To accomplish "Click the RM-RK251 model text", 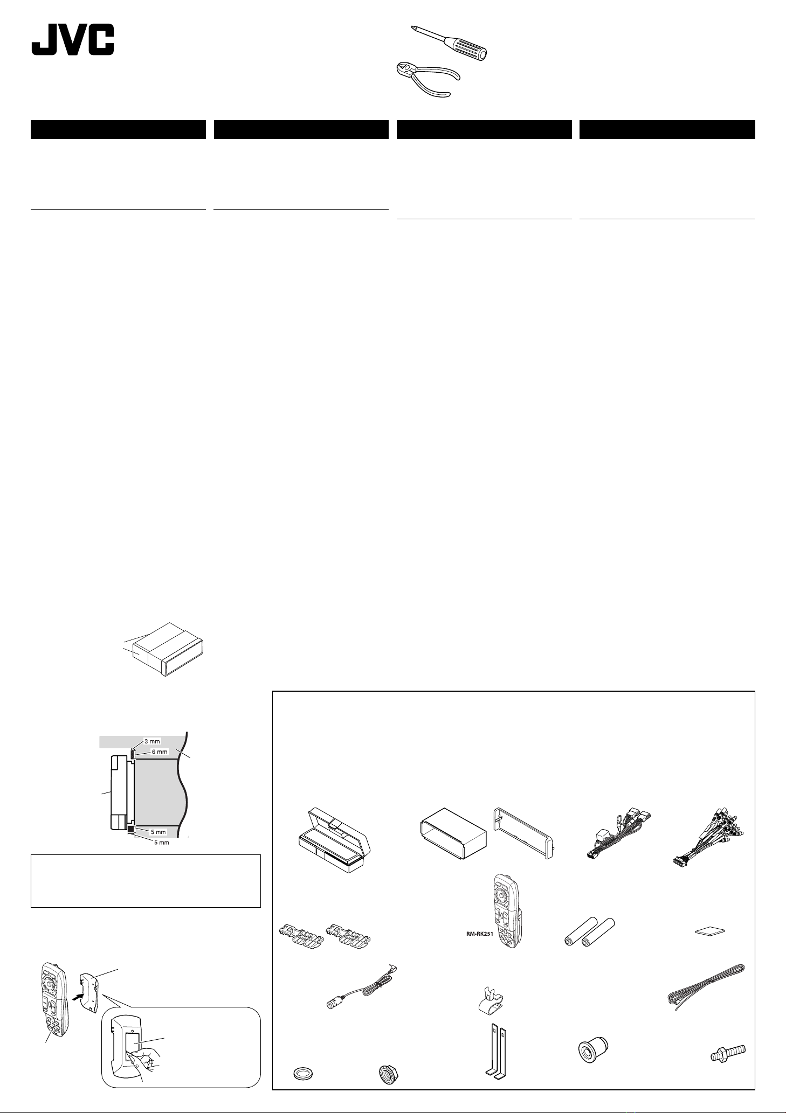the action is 480,935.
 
